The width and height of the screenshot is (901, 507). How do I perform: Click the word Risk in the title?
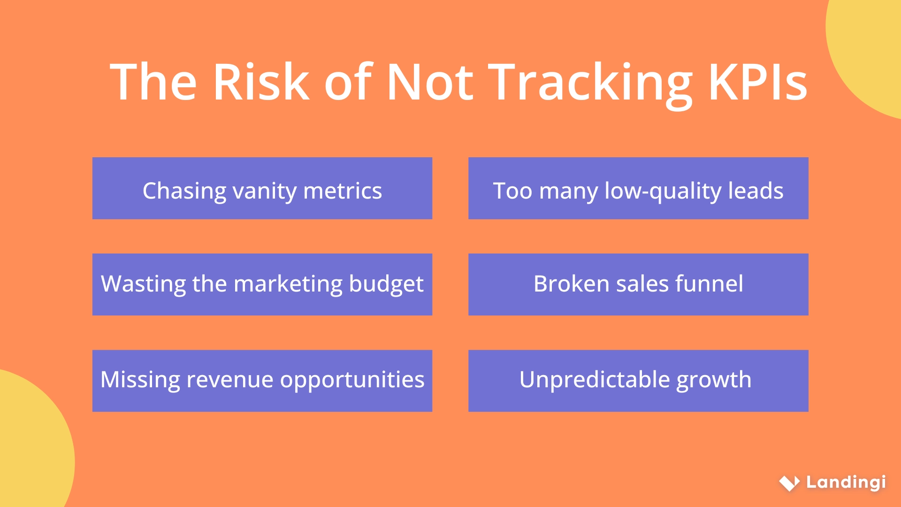261,82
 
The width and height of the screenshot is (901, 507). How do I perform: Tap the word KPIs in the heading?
757,82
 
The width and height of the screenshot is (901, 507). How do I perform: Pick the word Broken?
572,284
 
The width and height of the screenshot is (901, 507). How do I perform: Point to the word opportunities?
352,380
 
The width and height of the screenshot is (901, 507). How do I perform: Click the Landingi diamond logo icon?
789,483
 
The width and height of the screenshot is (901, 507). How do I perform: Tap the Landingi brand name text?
846,483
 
